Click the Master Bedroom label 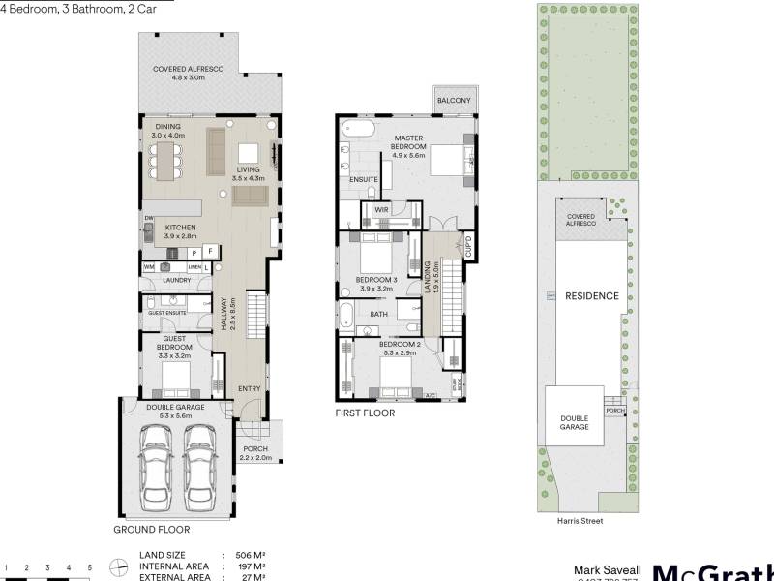coord(422,144)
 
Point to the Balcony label coord(453,101)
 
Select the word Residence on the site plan coord(591,295)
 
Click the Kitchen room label coord(180,230)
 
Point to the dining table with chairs coord(165,162)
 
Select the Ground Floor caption coord(152,530)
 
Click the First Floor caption coord(365,413)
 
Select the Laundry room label coord(176,281)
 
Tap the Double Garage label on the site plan coord(574,422)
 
